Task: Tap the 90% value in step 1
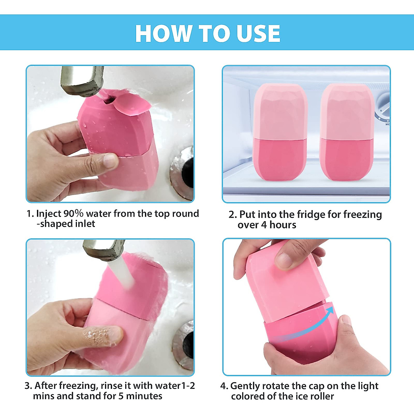[74, 214]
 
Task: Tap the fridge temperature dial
[384, 107]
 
